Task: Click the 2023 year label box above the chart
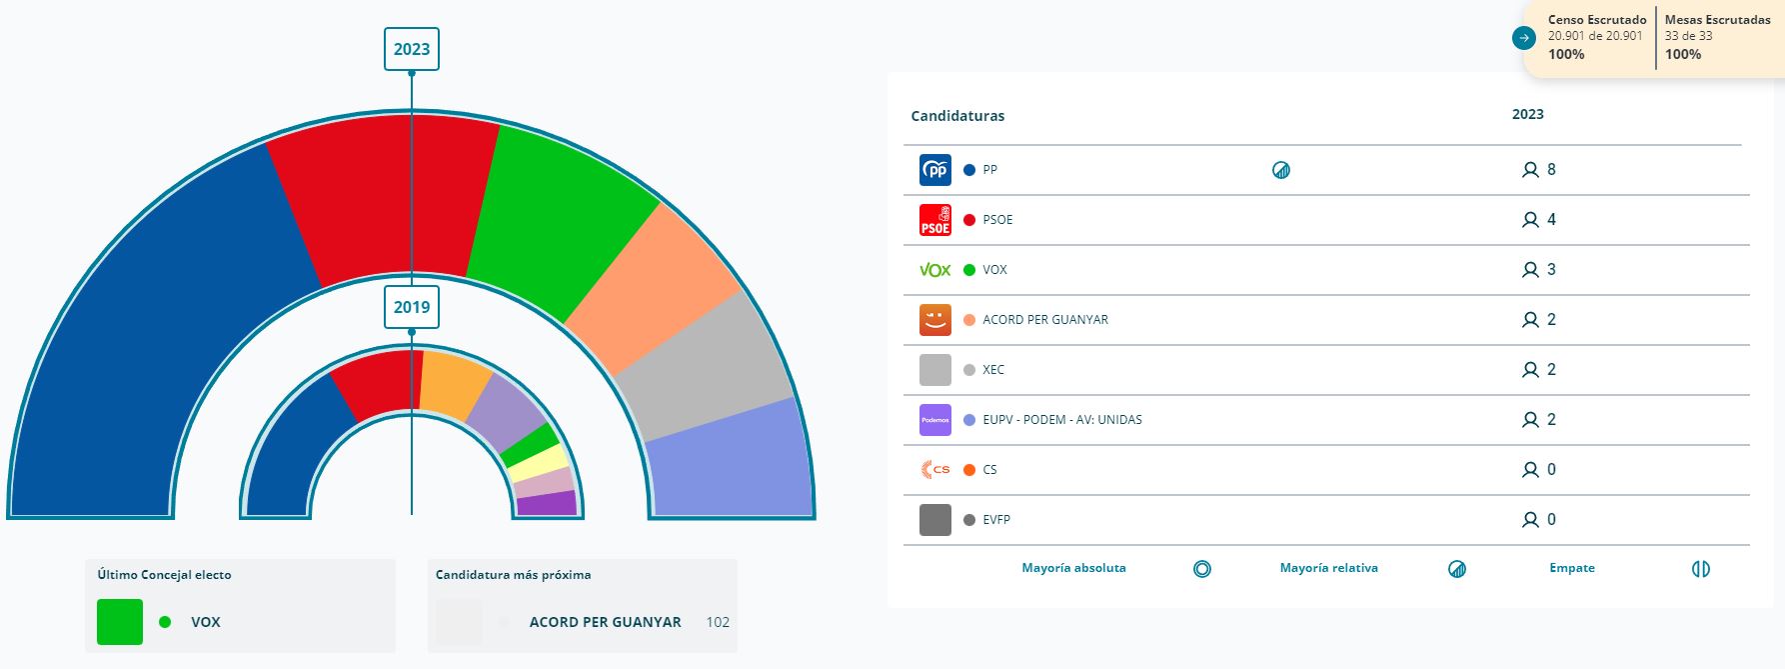pos(412,49)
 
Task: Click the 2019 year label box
pos(412,307)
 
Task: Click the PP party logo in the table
pos(935,170)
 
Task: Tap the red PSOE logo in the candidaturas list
pos(935,220)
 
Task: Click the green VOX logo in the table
pos(935,270)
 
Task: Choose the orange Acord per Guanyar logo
pos(935,320)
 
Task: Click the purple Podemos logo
pos(935,420)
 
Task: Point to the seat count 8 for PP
pos(1551,170)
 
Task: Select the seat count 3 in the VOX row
pos(1551,270)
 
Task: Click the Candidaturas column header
pos(957,116)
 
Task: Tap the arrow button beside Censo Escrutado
pos(1524,38)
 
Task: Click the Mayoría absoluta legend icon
pos(1202,569)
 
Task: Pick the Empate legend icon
pos(1701,569)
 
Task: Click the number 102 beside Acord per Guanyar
pos(718,622)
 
